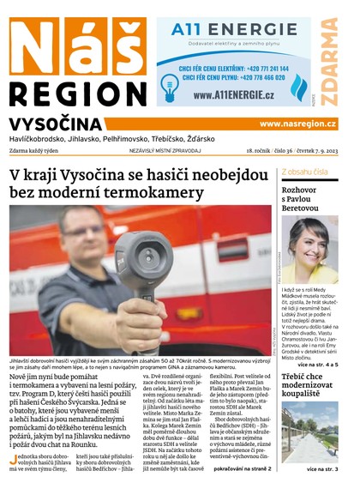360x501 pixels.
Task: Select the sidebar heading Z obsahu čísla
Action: coord(304,172)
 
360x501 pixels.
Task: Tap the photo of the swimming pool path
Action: coord(309,434)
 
